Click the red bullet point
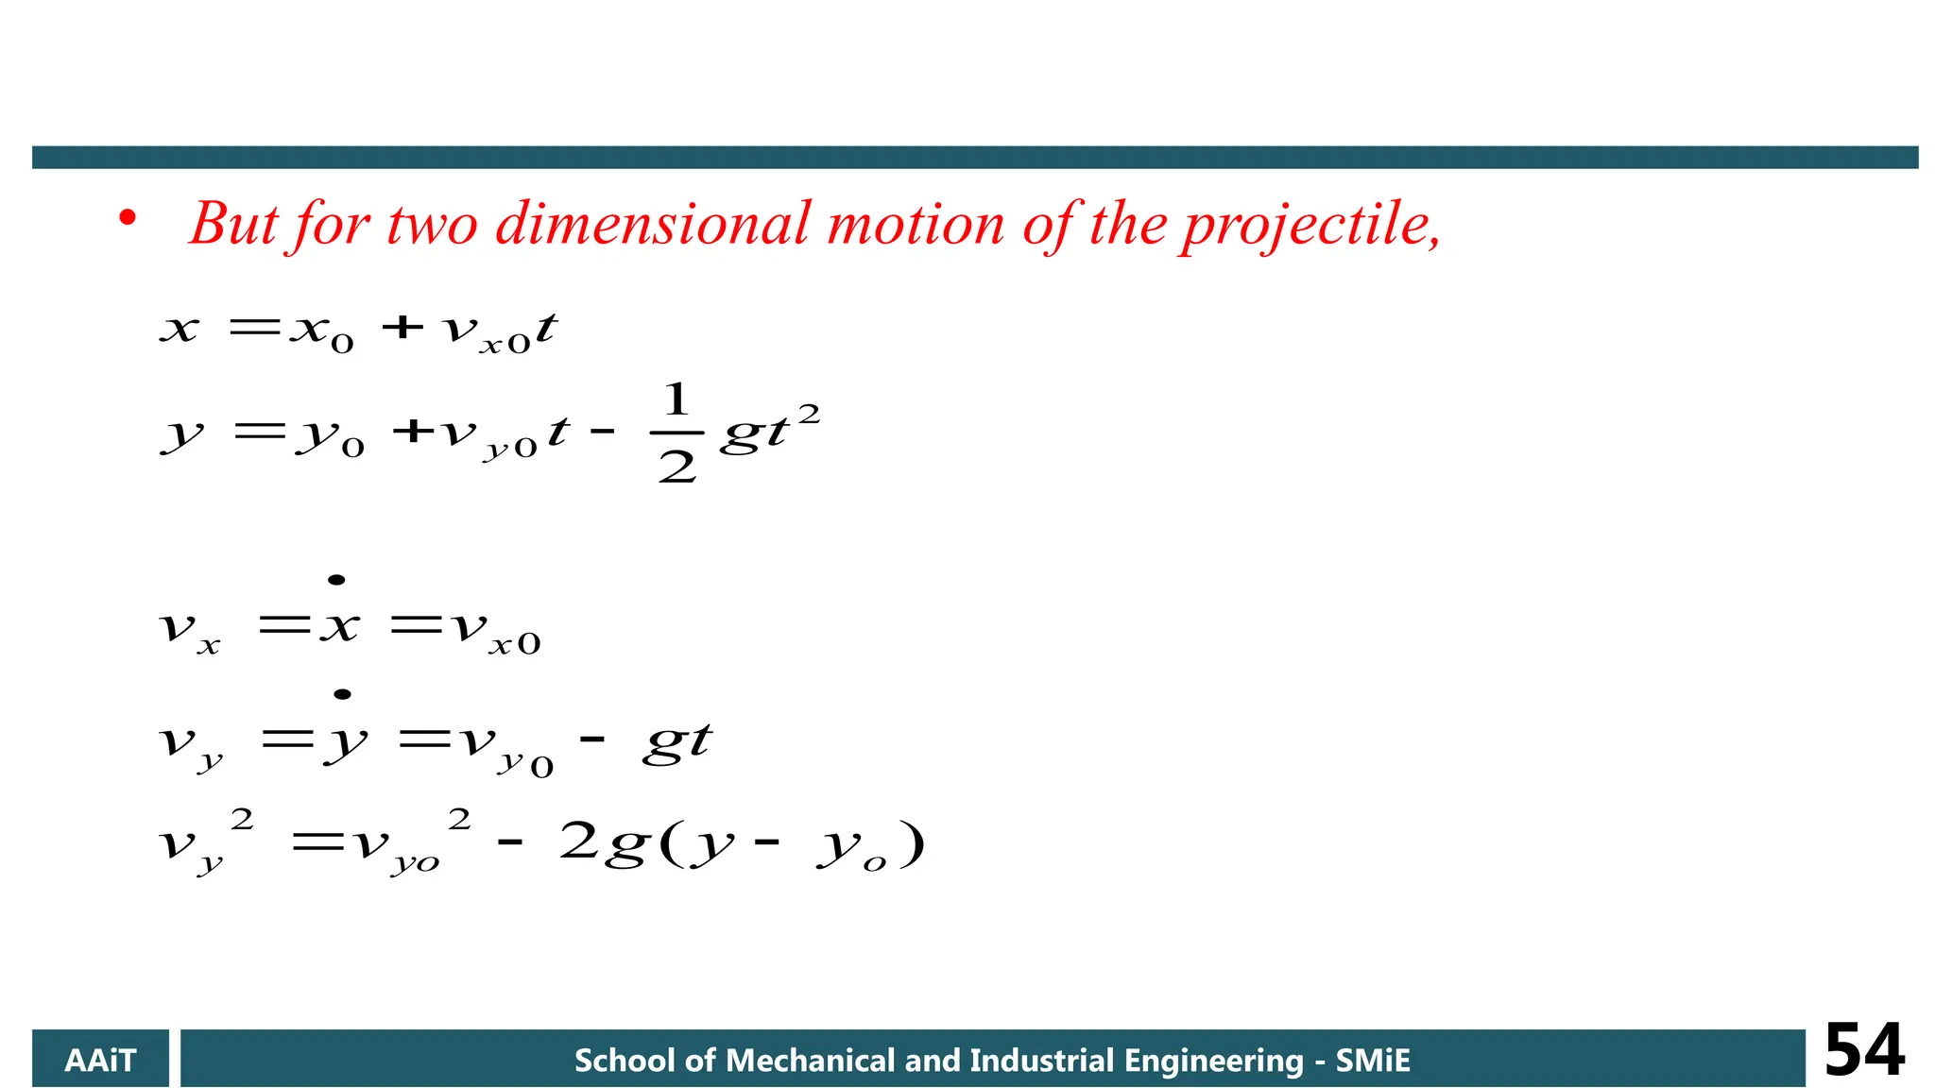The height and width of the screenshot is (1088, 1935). [x=128, y=219]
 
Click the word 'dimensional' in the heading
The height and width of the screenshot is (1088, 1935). [x=653, y=225]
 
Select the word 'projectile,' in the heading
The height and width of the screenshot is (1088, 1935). [x=1311, y=227]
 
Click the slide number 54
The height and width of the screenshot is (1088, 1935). [x=1864, y=1050]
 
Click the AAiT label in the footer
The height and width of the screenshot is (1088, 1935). [x=100, y=1061]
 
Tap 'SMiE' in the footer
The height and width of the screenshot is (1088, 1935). [x=1372, y=1061]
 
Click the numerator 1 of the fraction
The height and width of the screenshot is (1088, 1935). [x=676, y=399]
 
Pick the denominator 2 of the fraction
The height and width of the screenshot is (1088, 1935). [x=676, y=467]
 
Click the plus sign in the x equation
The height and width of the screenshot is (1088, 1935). [x=402, y=327]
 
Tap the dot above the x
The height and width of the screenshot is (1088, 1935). [x=336, y=580]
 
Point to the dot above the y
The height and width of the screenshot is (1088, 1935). [x=343, y=694]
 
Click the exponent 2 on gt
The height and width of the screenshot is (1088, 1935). [x=809, y=414]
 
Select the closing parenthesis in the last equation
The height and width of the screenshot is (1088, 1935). [x=912, y=843]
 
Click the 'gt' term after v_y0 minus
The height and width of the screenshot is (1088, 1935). [x=676, y=743]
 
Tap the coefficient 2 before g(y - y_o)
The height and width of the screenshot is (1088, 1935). [x=578, y=840]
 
